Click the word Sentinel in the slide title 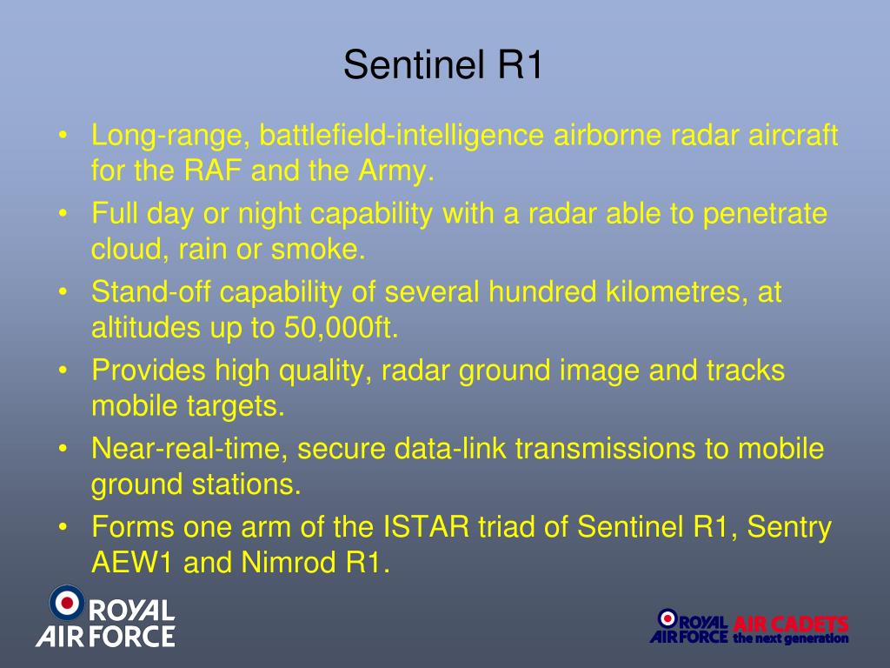pos(414,64)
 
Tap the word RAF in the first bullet pos(213,170)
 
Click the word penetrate pos(765,214)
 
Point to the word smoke pos(318,249)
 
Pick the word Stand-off pos(151,291)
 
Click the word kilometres pos(676,292)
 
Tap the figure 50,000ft pos(341,328)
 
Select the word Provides pos(148,371)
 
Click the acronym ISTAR pos(426,526)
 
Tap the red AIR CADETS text pos(791,625)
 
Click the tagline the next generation pos(791,638)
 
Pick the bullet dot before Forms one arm pos(63,527)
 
